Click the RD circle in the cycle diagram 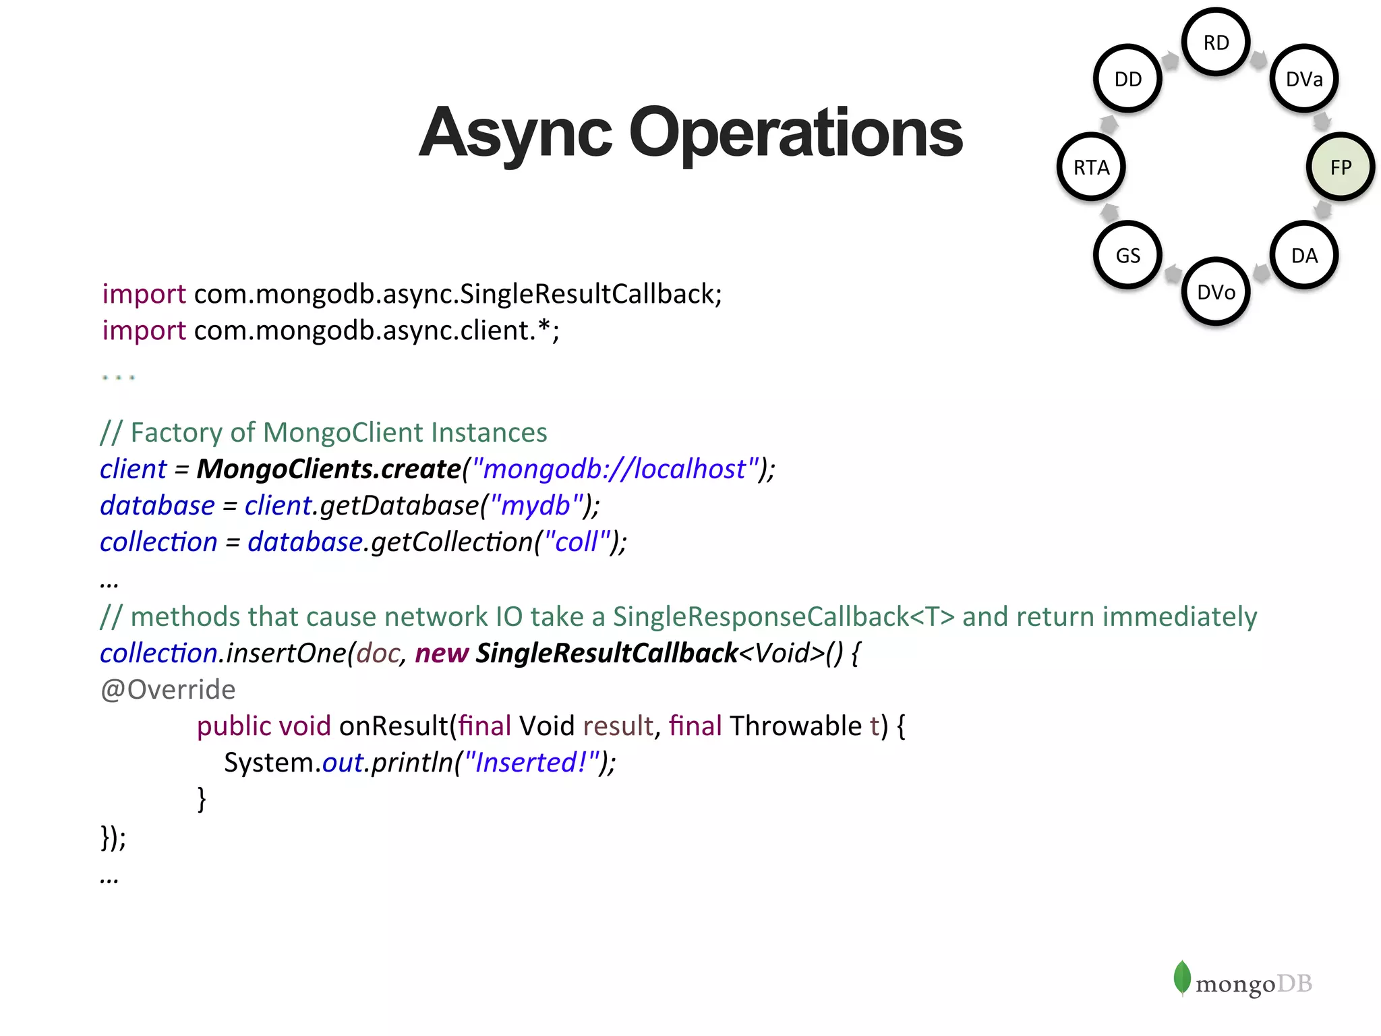pyautogui.click(x=1216, y=42)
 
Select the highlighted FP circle pyautogui.click(x=1341, y=167)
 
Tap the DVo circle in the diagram pyautogui.click(x=1216, y=292)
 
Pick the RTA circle pyautogui.click(x=1091, y=167)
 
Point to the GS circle pyautogui.click(x=1127, y=256)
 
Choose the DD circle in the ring pyautogui.click(x=1127, y=79)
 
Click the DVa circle pyautogui.click(x=1304, y=79)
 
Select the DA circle pyautogui.click(x=1304, y=256)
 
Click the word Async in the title pyautogui.click(x=515, y=134)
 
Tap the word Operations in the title pyautogui.click(x=796, y=134)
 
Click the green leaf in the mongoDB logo pyautogui.click(x=1181, y=977)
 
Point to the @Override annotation pyautogui.click(x=168, y=689)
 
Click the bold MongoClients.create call pyautogui.click(x=328, y=469)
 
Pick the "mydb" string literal pyautogui.click(x=536, y=505)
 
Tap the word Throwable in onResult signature pyautogui.click(x=796, y=726)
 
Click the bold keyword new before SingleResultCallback pyautogui.click(x=442, y=653)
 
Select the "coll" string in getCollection pyautogui.click(x=577, y=542)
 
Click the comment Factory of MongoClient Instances pyautogui.click(x=324, y=432)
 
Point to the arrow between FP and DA pyautogui.click(x=1323, y=210)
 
